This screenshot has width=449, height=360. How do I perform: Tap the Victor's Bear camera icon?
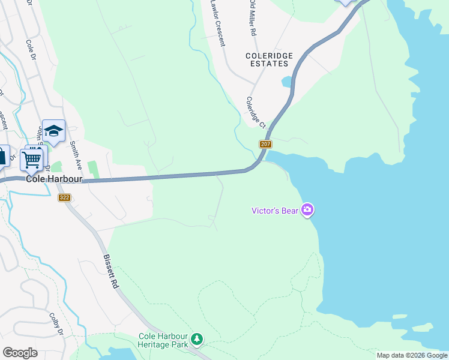(307, 209)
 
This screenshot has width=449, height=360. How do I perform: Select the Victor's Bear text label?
(276, 210)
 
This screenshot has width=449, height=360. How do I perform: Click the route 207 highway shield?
(266, 144)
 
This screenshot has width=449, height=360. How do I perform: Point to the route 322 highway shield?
(64, 197)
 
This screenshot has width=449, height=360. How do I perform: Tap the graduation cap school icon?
(54, 131)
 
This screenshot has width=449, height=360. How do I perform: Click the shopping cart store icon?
(31, 159)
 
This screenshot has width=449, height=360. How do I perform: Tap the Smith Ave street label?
(75, 154)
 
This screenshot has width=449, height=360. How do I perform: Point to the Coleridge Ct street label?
(255, 112)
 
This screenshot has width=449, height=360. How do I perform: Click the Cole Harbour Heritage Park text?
(163, 340)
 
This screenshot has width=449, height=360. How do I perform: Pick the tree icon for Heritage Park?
(196, 340)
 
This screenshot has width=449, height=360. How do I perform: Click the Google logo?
(20, 353)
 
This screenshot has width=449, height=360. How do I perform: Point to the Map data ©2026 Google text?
(412, 355)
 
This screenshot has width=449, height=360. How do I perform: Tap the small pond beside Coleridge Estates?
(286, 80)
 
